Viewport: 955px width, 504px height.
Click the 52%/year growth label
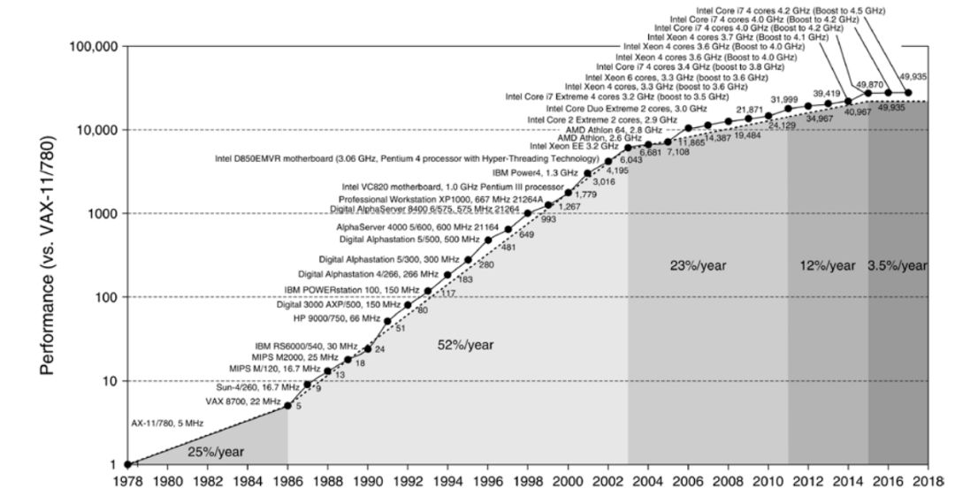pos(465,346)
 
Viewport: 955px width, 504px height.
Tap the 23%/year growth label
pos(699,264)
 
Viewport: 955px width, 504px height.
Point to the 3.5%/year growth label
pos(898,264)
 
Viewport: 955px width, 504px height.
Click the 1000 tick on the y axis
pos(103,214)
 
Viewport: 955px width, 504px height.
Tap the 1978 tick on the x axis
pos(128,483)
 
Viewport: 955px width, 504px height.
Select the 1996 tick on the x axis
pos(488,483)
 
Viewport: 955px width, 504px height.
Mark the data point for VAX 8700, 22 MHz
pos(287,406)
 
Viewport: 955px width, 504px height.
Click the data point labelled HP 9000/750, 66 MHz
pos(387,321)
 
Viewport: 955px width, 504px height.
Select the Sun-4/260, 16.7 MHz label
pos(259,386)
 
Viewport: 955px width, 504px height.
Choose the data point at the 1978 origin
pos(128,464)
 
